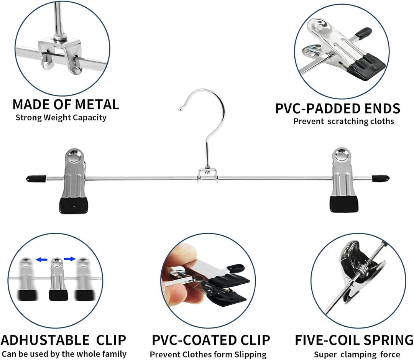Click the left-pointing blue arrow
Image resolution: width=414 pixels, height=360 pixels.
tap(42, 260)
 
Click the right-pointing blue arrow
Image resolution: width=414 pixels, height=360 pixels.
tap(70, 259)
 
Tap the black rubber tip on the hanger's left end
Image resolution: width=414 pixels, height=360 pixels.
tap(36, 179)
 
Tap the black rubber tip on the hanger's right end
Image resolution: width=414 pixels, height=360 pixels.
tap(381, 178)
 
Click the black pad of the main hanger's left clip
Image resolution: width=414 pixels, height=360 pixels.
tap(74, 205)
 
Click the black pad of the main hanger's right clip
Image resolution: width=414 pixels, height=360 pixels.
tap(344, 204)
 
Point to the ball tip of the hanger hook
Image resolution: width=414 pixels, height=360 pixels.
tap(181, 109)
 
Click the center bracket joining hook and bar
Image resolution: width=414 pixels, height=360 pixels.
tap(208, 174)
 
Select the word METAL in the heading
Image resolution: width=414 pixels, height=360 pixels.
tap(97, 104)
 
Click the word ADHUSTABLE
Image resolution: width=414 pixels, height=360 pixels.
tap(45, 340)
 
